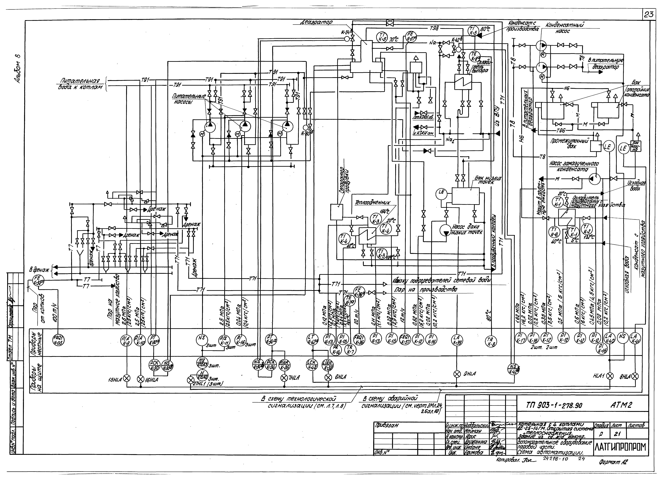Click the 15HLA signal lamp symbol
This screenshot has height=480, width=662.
(x=127, y=378)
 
